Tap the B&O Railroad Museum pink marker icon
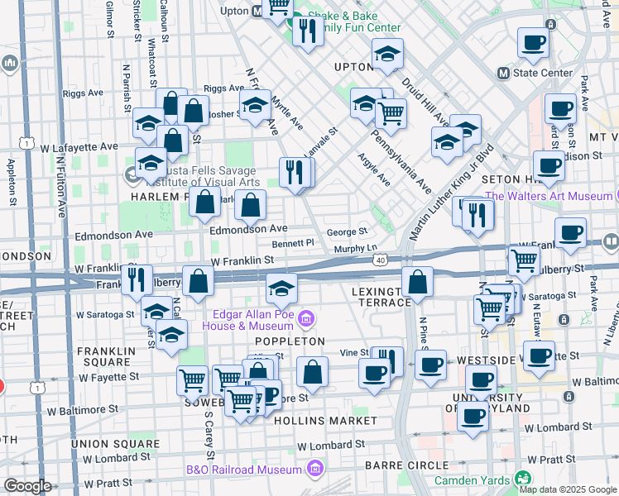click(314, 470)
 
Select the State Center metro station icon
click(502, 73)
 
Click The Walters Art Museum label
click(548, 196)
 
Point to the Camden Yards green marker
click(522, 478)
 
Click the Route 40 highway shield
click(380, 260)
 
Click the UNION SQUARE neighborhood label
click(114, 444)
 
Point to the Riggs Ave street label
click(221, 88)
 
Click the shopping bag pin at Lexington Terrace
click(418, 281)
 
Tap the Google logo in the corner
click(27, 486)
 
